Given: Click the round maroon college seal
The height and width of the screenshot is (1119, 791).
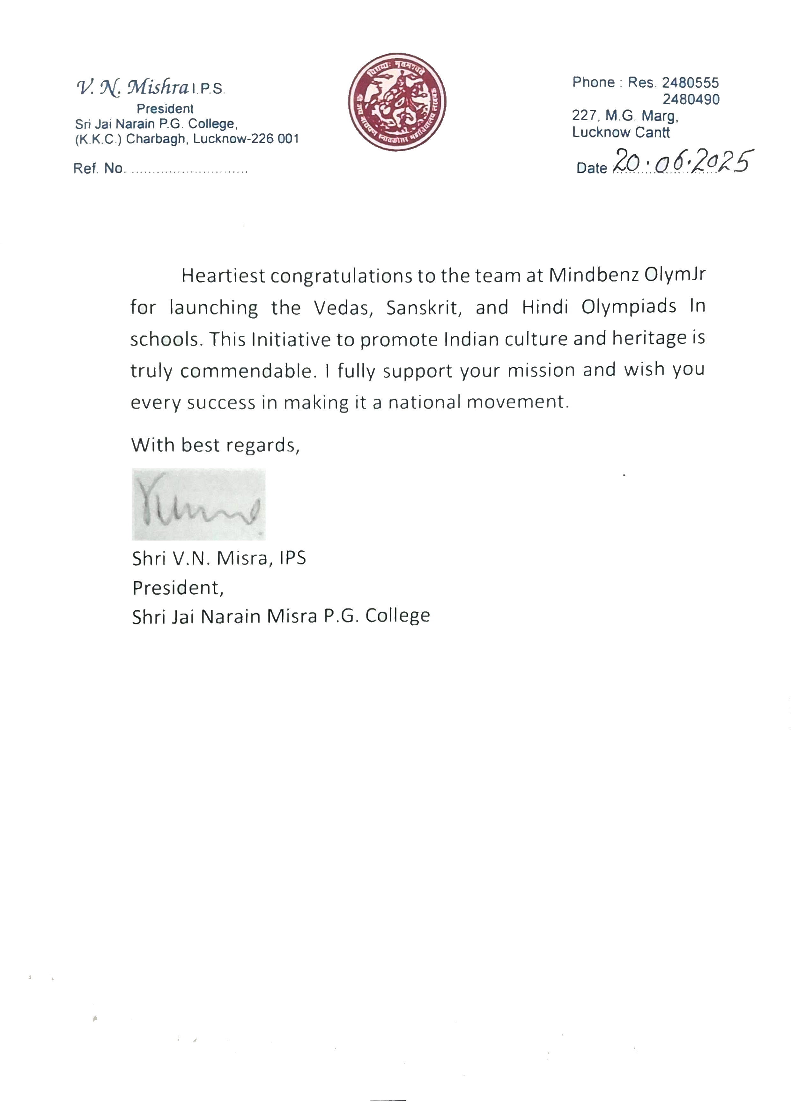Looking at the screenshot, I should point(397,102).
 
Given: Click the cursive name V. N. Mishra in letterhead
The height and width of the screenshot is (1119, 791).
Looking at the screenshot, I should point(133,88).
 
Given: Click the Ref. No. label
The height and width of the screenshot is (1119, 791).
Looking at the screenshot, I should point(99,169).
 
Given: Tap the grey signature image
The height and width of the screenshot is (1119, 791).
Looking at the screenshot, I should point(199,504).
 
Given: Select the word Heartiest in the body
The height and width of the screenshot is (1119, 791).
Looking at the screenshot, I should point(223,276).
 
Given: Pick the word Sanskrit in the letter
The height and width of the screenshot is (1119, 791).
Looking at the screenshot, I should point(424,307).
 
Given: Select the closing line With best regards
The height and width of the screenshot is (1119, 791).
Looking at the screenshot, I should point(215,445).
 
